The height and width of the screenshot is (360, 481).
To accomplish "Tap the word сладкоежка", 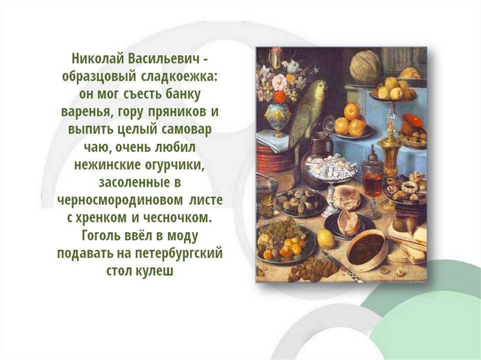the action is [x=179, y=77].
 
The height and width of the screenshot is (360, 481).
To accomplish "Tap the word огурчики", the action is [x=175, y=165].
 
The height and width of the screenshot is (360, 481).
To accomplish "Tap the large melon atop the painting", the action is [x=365, y=67].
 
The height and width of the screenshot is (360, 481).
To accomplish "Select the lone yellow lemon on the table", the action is [x=326, y=238].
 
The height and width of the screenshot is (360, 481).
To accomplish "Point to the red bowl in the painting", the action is [x=412, y=123].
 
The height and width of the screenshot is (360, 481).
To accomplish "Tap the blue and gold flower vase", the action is [x=278, y=117].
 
